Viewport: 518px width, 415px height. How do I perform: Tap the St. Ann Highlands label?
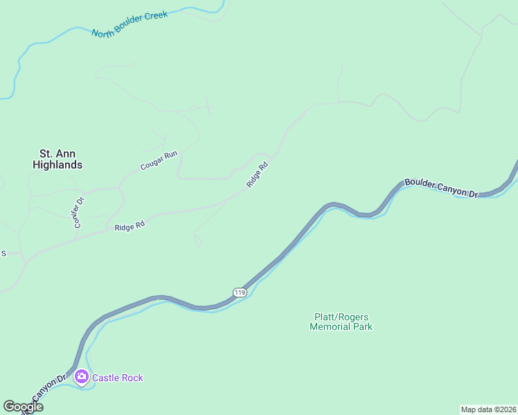57,159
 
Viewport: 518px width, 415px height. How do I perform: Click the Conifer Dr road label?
78,213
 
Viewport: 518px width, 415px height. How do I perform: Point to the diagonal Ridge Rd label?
257,176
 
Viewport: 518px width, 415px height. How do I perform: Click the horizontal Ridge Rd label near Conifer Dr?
129,226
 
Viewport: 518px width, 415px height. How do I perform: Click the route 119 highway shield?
240,293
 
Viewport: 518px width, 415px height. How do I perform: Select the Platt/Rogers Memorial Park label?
341,322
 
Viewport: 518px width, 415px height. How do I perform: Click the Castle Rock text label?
118,378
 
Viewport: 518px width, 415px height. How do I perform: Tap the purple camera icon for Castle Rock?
82,377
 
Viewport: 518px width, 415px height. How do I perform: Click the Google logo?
23,407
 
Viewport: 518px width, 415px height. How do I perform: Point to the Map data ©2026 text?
488,409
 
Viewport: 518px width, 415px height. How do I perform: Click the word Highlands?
57,165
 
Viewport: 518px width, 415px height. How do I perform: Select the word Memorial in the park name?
330,327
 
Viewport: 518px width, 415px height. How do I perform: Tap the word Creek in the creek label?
157,15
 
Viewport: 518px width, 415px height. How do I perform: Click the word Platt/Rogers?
341,317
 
